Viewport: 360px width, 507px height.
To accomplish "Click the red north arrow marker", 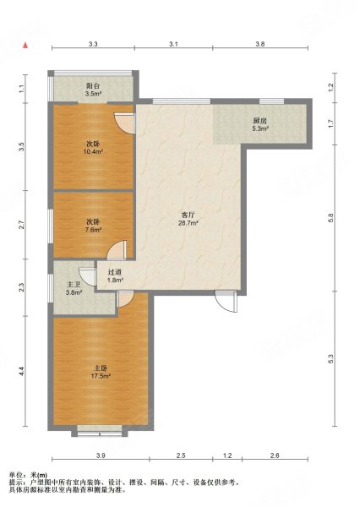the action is click(x=25, y=46).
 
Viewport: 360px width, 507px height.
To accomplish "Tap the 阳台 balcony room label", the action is click(x=93, y=86).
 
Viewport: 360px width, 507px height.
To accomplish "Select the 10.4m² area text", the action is click(x=94, y=151).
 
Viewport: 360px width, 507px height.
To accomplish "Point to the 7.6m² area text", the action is click(x=94, y=230).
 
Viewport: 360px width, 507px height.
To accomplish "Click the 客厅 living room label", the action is click(x=188, y=215).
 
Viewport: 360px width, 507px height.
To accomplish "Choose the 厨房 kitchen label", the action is click(x=260, y=121).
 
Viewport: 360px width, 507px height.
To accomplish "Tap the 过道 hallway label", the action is click(x=115, y=273).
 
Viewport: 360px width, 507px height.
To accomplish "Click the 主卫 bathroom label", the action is click(x=74, y=285).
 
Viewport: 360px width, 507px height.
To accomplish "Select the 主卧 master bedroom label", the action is click(x=101, y=368).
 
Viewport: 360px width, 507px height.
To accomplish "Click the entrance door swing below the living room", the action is click(x=226, y=302).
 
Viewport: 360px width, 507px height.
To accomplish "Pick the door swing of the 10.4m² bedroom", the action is click(x=125, y=123).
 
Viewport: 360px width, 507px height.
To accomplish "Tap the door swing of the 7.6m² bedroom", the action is click(x=117, y=250).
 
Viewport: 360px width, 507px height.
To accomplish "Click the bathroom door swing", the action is click(x=88, y=277).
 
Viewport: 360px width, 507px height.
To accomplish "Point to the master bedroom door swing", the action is click(x=126, y=299).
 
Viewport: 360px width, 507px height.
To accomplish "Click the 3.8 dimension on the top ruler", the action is click(x=260, y=44).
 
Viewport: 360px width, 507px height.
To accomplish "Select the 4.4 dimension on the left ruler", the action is click(x=21, y=371).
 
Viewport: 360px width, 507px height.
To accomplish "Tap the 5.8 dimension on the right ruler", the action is click(x=330, y=218).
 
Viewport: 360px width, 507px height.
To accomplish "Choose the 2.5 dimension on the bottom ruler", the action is click(x=181, y=455).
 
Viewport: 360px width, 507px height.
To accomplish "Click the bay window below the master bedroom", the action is click(x=100, y=431).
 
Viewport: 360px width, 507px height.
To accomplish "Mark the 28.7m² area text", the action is click(x=188, y=223).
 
